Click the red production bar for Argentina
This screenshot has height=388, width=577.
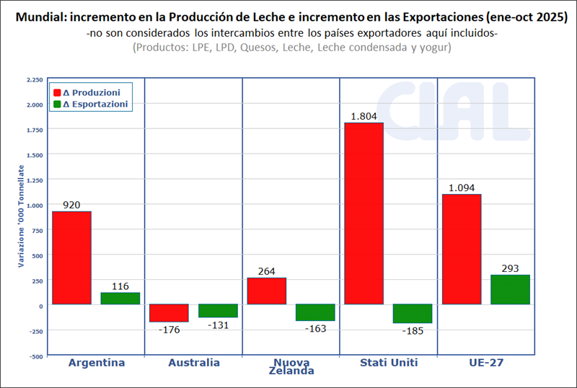(x=71, y=257)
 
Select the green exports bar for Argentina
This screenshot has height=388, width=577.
(x=120, y=299)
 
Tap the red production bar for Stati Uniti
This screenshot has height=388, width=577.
(x=364, y=213)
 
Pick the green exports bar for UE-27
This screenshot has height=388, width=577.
(x=510, y=290)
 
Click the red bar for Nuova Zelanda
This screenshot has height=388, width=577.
(x=266, y=291)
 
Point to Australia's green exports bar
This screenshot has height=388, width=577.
(x=218, y=311)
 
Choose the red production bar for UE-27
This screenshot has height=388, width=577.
(x=461, y=249)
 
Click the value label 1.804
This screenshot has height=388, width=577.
(x=364, y=116)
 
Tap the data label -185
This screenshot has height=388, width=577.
(x=413, y=330)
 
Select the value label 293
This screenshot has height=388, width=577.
(x=510, y=268)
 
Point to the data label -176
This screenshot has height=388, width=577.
(x=169, y=330)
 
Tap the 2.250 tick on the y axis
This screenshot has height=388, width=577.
(x=34, y=79)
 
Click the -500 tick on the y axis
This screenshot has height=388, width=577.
(x=35, y=356)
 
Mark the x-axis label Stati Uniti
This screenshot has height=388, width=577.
(x=388, y=363)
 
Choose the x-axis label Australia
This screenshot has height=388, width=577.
(x=193, y=363)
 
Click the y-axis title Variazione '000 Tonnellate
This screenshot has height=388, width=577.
(x=21, y=216)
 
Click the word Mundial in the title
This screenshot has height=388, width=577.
(x=36, y=17)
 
